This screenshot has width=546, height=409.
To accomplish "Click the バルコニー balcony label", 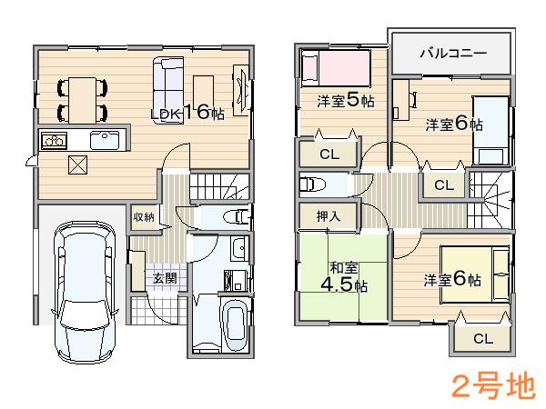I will [x=452, y=54].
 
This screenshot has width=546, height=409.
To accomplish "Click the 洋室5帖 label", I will [x=345, y=100].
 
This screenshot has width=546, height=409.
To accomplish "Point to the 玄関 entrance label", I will [x=165, y=278].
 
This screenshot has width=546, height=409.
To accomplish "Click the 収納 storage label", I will [x=144, y=216].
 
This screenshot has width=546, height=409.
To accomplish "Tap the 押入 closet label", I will [x=329, y=216].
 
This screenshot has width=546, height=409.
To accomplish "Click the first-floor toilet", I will [x=238, y=216].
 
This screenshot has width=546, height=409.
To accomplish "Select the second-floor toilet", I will [x=311, y=185].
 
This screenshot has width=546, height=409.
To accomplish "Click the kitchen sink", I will [x=103, y=141].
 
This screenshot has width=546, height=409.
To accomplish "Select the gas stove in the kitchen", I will [x=52, y=141].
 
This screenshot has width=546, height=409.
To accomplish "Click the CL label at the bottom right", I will [x=481, y=339].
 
